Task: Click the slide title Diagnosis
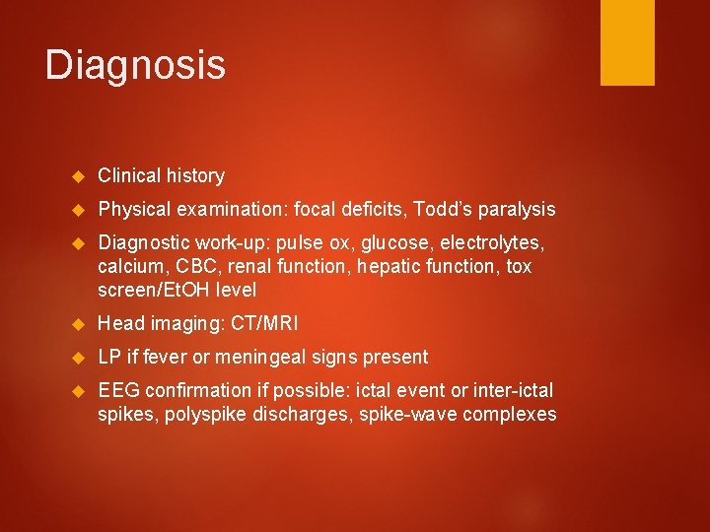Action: [x=135, y=66]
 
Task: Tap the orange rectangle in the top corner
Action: [x=627, y=42]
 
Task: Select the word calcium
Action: [x=128, y=266]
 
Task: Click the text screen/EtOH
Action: [x=147, y=290]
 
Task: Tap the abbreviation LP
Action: [x=109, y=357]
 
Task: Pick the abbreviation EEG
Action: [x=118, y=390]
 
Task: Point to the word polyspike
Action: [x=198, y=414]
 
